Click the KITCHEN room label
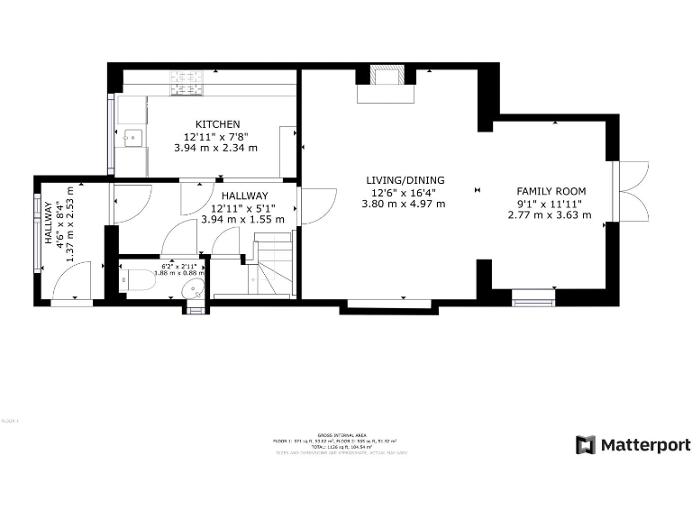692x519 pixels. pyautogui.click(x=218, y=124)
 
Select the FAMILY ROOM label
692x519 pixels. pyautogui.click(x=551, y=191)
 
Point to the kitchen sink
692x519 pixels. pyautogui.click(x=132, y=138)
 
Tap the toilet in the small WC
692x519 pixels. pyautogui.click(x=141, y=281)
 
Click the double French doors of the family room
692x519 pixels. pyautogui.click(x=631, y=190)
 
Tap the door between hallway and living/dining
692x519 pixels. pyautogui.click(x=315, y=205)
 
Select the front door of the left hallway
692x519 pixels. pyautogui.click(x=72, y=282)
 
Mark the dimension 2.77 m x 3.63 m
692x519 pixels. pyautogui.click(x=551, y=214)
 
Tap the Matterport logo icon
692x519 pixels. pyautogui.click(x=586, y=445)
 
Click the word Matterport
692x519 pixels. pyautogui.click(x=645, y=445)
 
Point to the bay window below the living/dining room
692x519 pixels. pyautogui.click(x=388, y=306)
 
